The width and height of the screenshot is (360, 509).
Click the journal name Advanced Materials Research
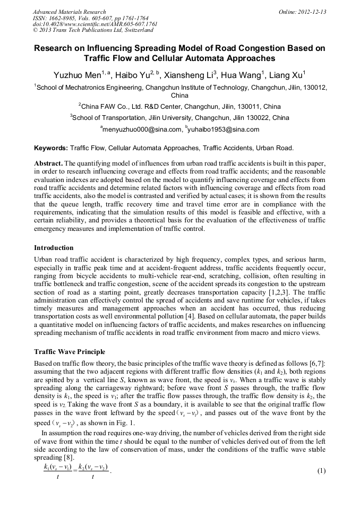[70, 12]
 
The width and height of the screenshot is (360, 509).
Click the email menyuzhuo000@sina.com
[141, 130]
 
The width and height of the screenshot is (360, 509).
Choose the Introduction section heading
[54, 248]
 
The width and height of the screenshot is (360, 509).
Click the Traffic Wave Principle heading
[70, 351]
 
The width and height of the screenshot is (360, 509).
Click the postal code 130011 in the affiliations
[236, 106]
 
